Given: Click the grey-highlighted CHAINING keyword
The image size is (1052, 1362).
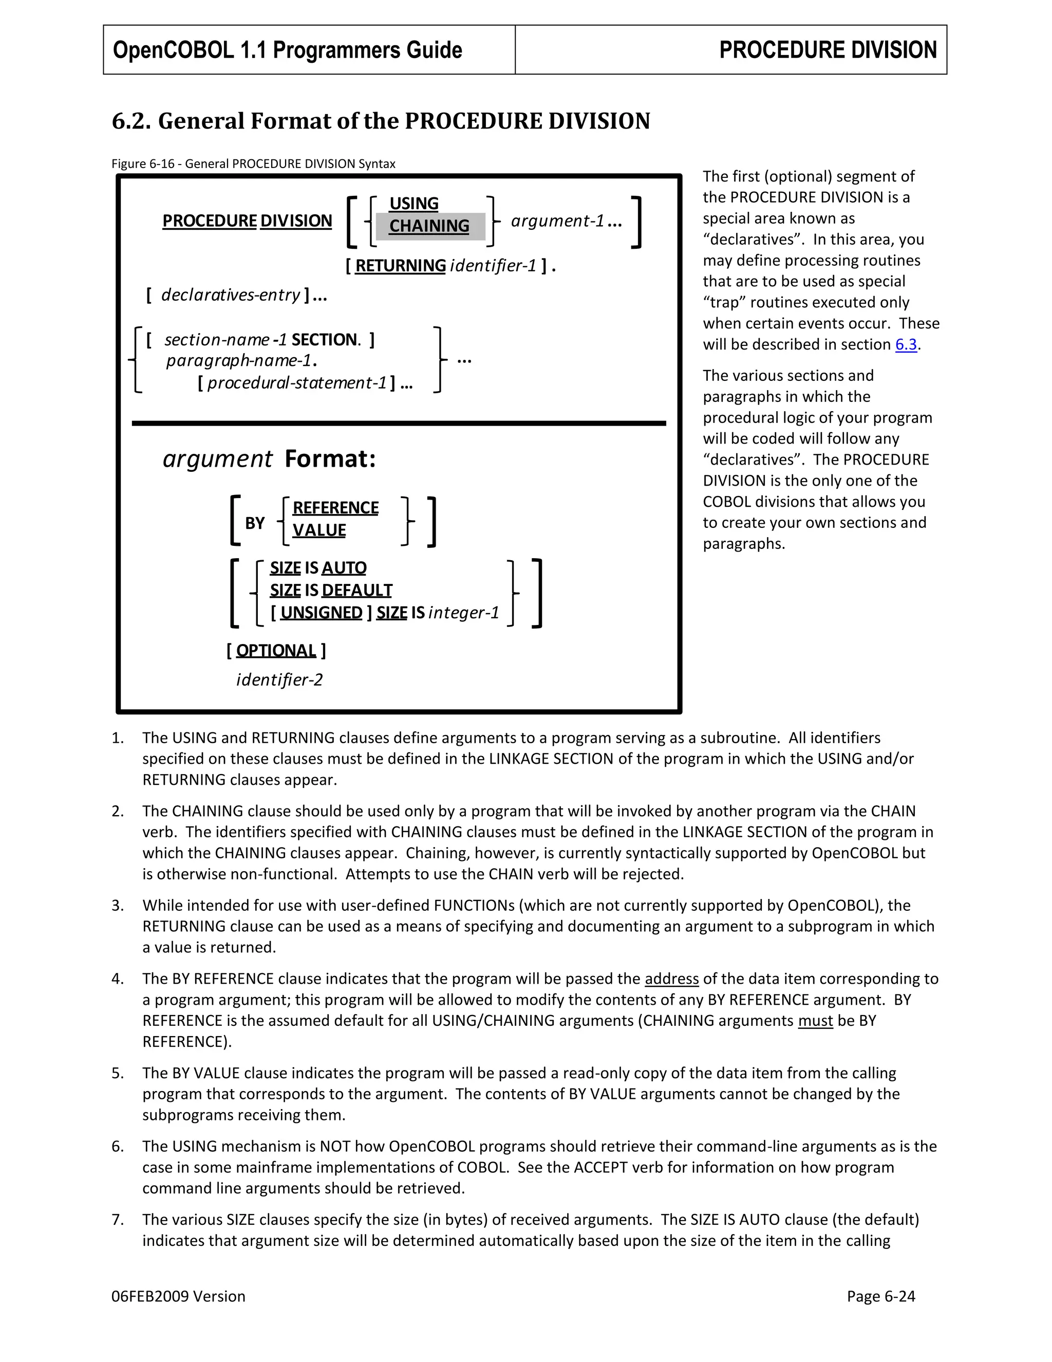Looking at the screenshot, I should [429, 226].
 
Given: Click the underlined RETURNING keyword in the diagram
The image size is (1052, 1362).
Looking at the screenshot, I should [400, 266].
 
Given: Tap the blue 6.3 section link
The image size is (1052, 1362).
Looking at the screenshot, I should [906, 344].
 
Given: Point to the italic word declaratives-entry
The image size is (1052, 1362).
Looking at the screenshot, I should [231, 295].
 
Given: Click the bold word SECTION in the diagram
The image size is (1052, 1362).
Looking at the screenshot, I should [325, 340].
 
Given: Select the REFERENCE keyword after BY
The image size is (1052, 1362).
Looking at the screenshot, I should [335, 508].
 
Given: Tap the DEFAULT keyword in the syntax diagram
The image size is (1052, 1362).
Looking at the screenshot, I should [357, 590].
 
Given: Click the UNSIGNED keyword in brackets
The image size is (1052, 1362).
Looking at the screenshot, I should [321, 613].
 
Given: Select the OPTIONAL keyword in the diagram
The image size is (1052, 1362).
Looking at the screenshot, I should [276, 651].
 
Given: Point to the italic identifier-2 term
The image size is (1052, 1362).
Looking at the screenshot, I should [279, 680].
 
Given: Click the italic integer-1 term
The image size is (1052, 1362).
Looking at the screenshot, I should [464, 613].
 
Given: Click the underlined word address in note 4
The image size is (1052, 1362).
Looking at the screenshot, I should [671, 979].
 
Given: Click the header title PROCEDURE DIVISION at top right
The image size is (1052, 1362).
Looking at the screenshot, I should [827, 50].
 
